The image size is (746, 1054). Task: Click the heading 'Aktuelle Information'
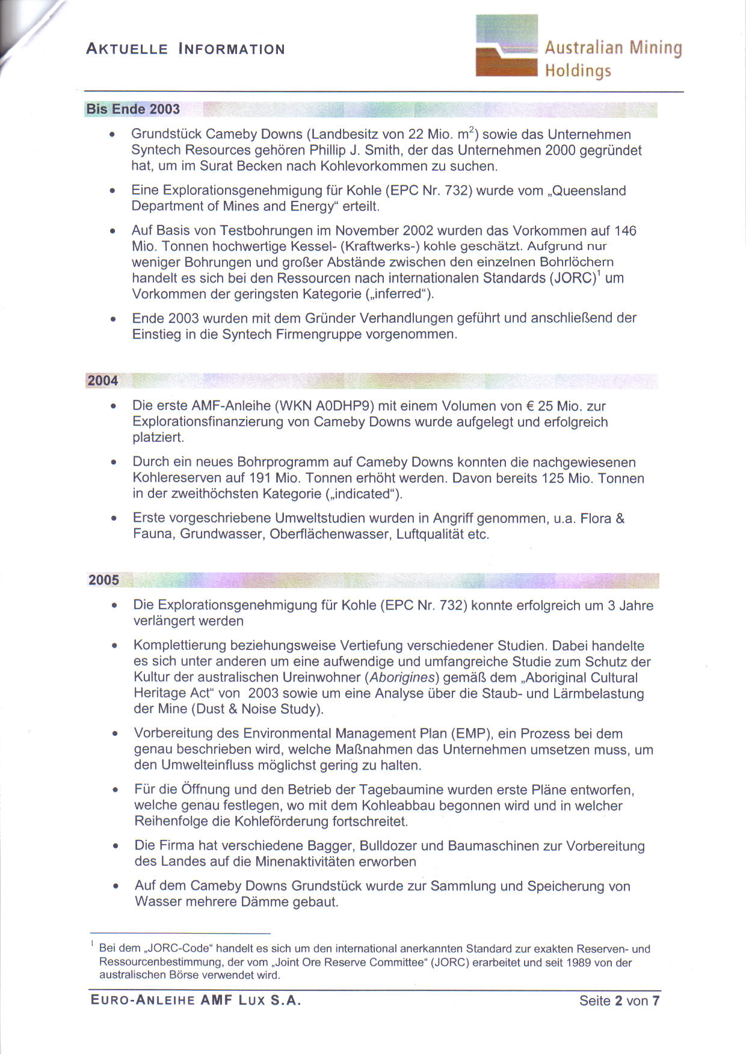185,49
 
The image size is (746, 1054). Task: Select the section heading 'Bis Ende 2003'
133,109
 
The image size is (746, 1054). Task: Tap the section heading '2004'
103,381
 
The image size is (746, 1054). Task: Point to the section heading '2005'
103,580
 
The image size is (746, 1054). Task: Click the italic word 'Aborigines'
402,678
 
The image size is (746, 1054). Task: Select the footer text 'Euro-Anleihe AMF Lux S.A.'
196,1000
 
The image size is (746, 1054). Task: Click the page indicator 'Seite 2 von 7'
619,1000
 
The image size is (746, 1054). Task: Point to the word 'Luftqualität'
430,534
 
